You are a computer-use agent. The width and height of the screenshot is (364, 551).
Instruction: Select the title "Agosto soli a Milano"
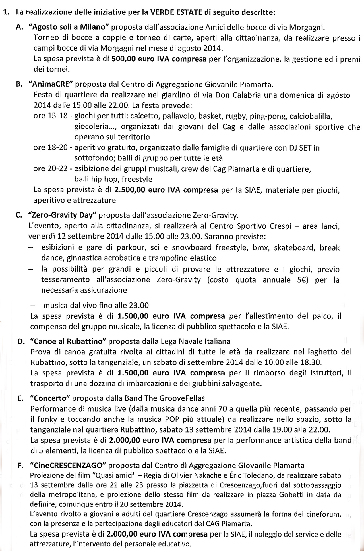click(x=69, y=27)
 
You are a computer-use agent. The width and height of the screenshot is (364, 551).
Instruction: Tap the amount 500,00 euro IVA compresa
click(x=159, y=59)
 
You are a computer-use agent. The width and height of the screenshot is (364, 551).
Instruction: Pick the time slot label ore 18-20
click(x=51, y=148)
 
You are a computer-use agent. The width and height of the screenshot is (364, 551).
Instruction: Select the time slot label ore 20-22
click(x=51, y=169)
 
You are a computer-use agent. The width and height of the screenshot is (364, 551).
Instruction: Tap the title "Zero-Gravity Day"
click(x=61, y=215)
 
